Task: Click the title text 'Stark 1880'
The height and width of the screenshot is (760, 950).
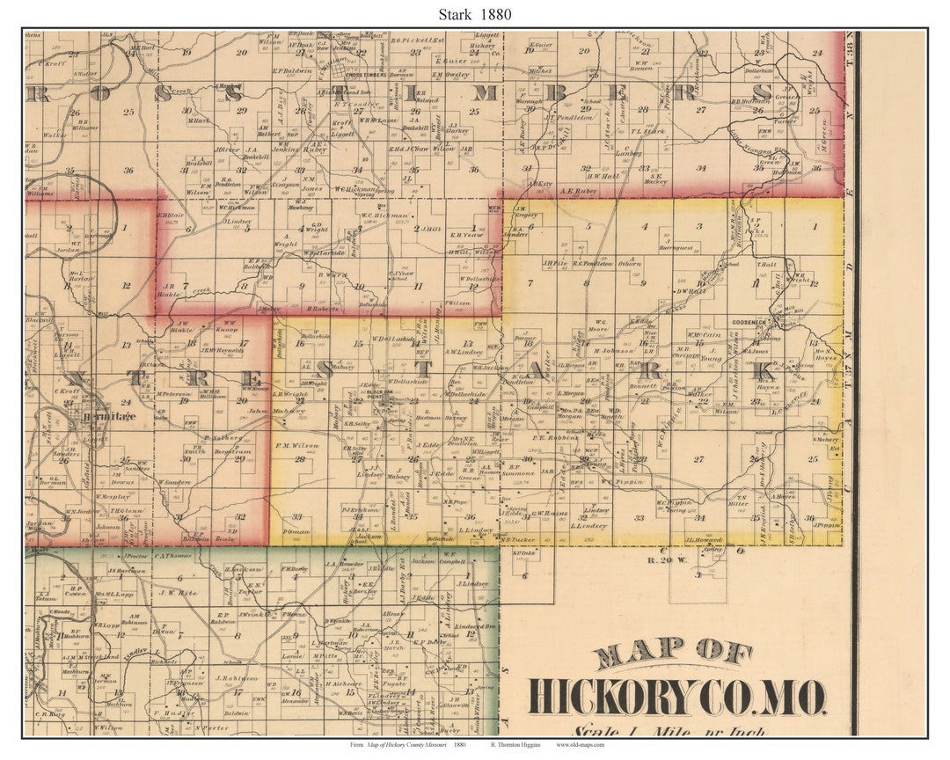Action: click(474, 14)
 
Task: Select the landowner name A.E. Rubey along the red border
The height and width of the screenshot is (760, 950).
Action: click(577, 190)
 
